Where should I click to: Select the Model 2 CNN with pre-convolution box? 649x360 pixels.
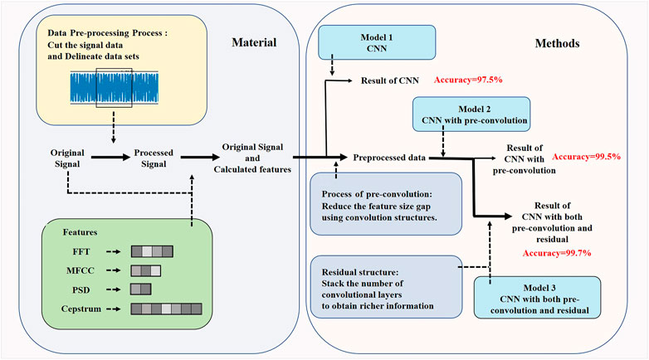click(x=471, y=114)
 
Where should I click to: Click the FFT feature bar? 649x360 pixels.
click(x=151, y=251)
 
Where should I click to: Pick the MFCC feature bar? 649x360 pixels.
click(x=145, y=270)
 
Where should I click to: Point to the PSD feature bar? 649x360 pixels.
click(x=140, y=289)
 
